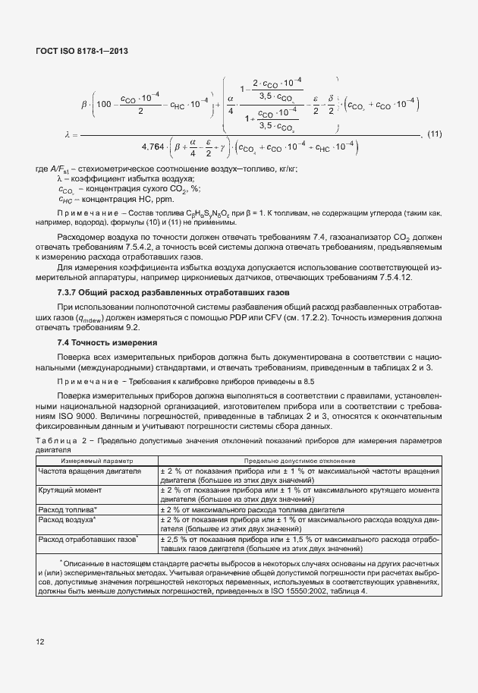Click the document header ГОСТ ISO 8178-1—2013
click(x=80, y=50)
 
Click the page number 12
click(x=39, y=642)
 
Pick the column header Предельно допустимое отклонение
click(x=299, y=461)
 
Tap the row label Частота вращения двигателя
click(x=90, y=471)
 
